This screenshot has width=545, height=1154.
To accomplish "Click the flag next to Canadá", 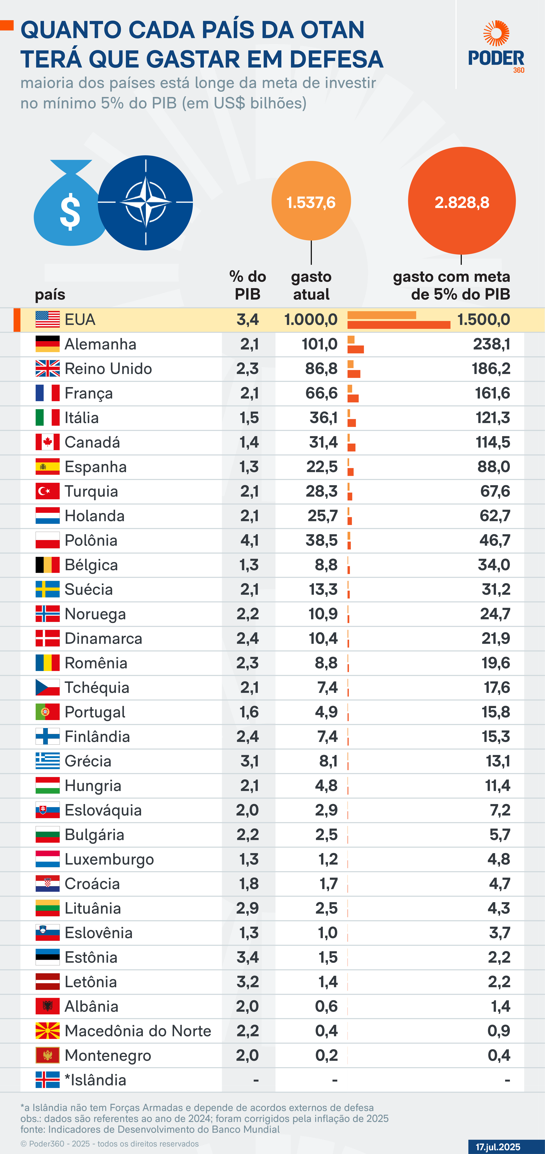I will pos(47,442).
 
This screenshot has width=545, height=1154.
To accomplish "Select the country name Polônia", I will pos(91,540).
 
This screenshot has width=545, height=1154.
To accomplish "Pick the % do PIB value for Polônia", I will pos(249,540).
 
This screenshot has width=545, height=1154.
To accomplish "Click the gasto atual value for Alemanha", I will pos(319,344).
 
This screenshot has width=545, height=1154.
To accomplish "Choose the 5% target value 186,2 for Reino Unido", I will pos(491,369).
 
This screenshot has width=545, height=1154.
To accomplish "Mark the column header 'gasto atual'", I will pos(311,285).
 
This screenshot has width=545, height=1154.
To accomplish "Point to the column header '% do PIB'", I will pos(248,285).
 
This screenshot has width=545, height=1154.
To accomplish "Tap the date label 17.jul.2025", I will pos(498,1146).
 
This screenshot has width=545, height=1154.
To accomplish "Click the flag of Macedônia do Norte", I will pos(47,1031).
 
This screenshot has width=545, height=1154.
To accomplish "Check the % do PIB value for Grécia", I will pos(249,761).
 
